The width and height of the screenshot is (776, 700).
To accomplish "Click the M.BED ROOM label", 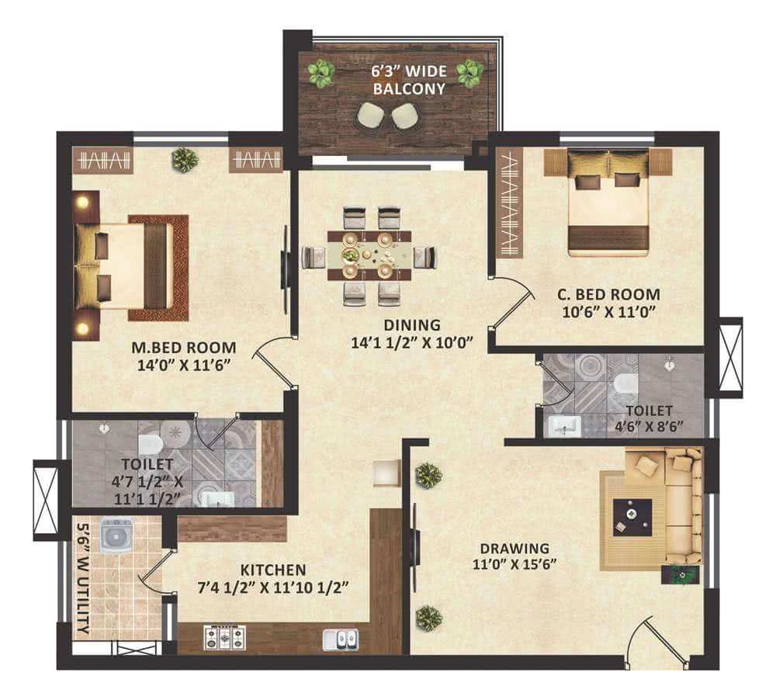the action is point(184,348).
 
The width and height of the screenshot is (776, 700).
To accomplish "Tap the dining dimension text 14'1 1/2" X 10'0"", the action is point(412,342).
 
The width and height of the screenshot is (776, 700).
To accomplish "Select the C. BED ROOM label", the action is point(608,295).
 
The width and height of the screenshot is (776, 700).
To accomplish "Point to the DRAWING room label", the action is point(514,549).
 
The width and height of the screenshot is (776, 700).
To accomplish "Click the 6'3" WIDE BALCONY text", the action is point(409,80).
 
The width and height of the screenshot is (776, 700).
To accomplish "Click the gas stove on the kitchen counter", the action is point(225,638).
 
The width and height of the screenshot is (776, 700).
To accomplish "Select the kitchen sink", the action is point(341,639).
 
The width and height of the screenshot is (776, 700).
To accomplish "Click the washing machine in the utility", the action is point(117,535).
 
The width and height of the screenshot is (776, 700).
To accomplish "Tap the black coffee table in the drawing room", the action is point(632,518).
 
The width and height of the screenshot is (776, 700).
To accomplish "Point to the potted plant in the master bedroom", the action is point(185,159).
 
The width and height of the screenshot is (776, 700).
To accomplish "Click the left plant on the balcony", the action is point(321,74).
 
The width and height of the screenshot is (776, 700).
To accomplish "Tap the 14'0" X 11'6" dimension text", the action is point(184,366).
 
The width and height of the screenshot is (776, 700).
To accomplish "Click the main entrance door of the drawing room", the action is point(656,639).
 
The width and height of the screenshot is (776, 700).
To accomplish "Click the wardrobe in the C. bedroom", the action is point(510,203).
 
